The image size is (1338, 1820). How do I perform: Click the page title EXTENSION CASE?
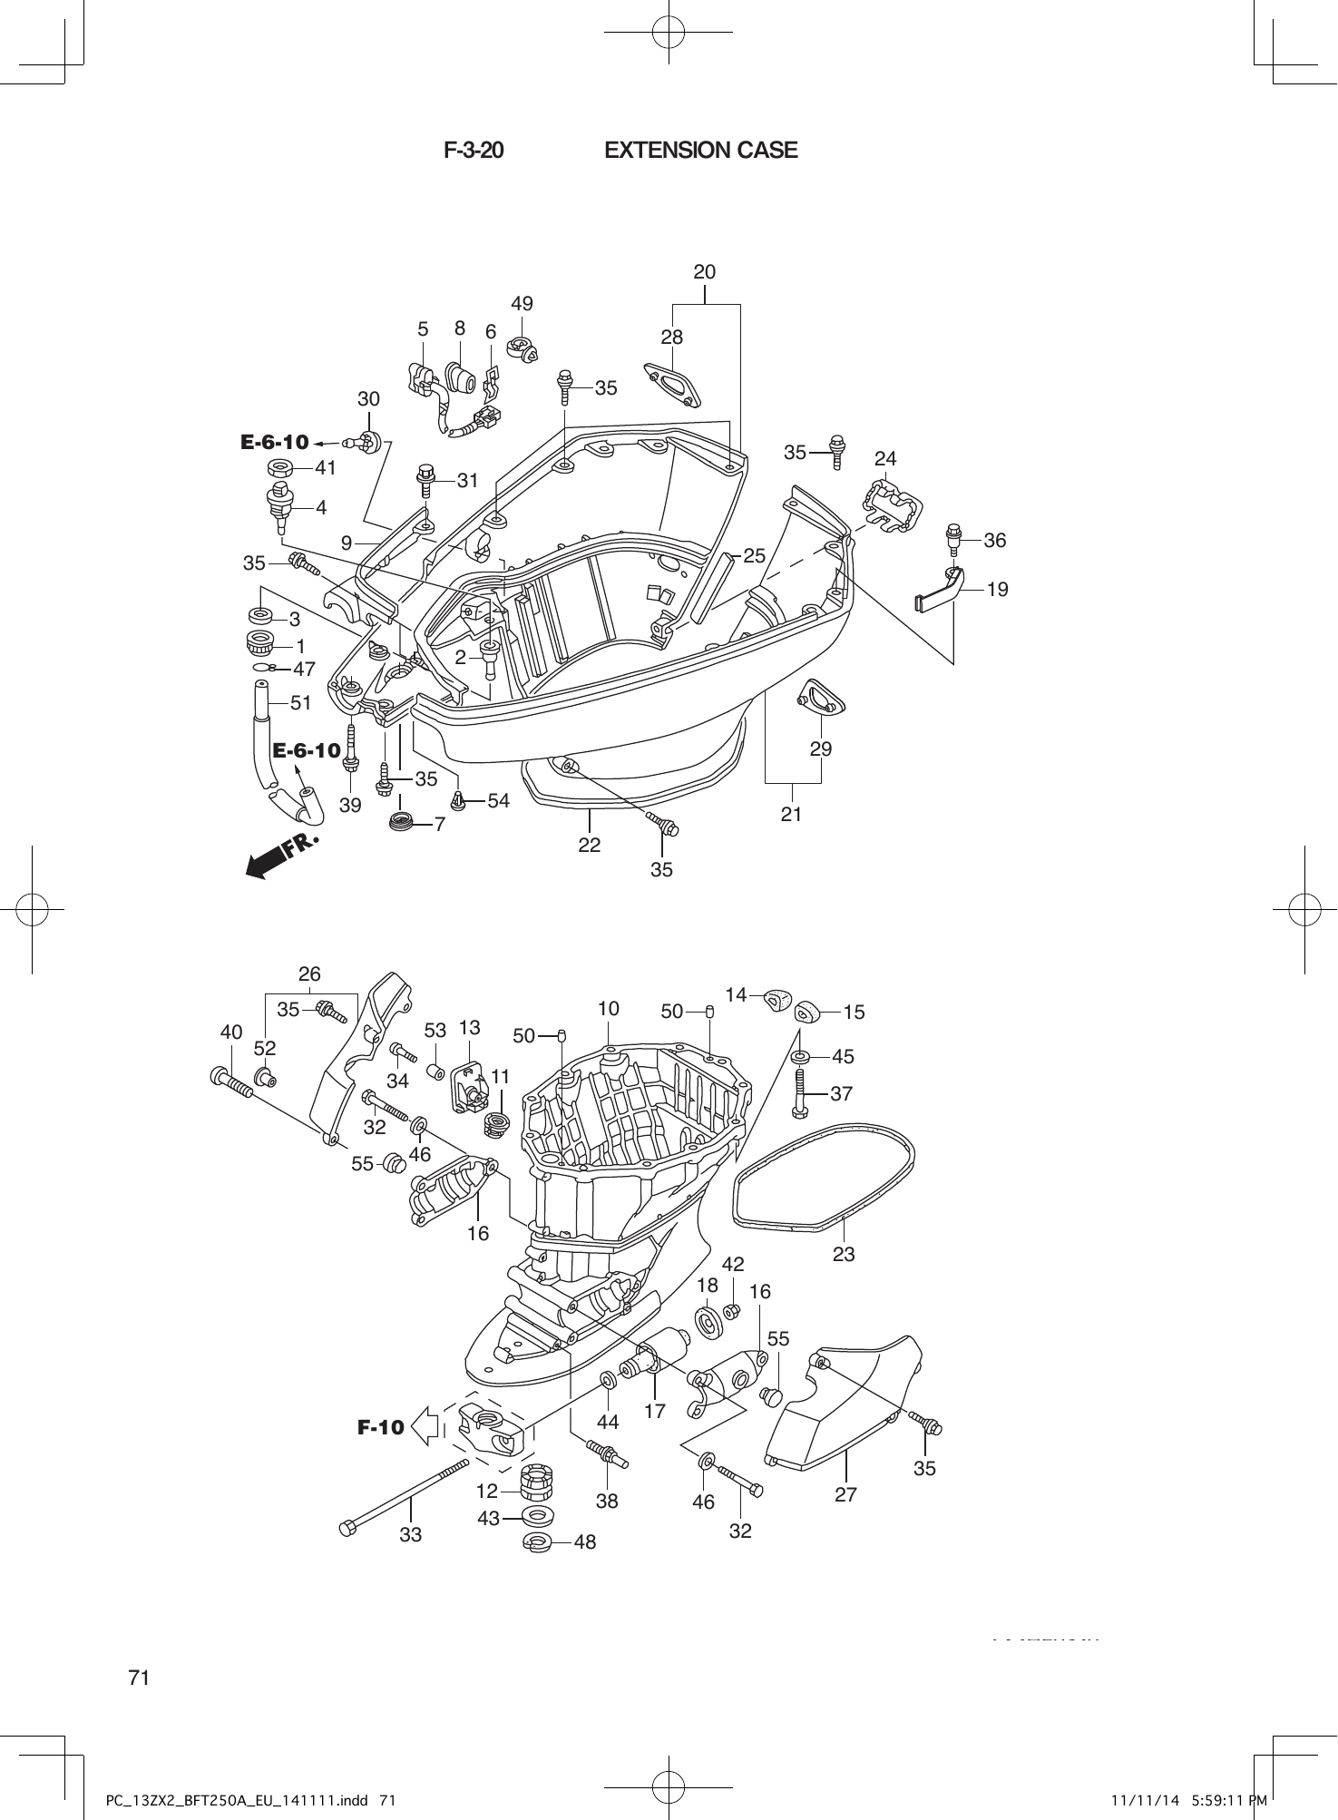700,151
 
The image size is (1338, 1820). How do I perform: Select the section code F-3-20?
474,151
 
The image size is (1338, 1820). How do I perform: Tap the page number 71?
139,1678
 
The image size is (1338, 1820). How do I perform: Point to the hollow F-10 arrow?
425,1426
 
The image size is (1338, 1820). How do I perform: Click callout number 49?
522,304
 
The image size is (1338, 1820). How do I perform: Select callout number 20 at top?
705,271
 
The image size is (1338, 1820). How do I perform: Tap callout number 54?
498,800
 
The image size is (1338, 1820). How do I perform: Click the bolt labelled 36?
953,539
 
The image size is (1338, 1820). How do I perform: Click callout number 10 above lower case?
608,1008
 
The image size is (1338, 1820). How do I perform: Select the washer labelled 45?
802,1058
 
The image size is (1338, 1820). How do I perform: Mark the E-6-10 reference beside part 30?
275,443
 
